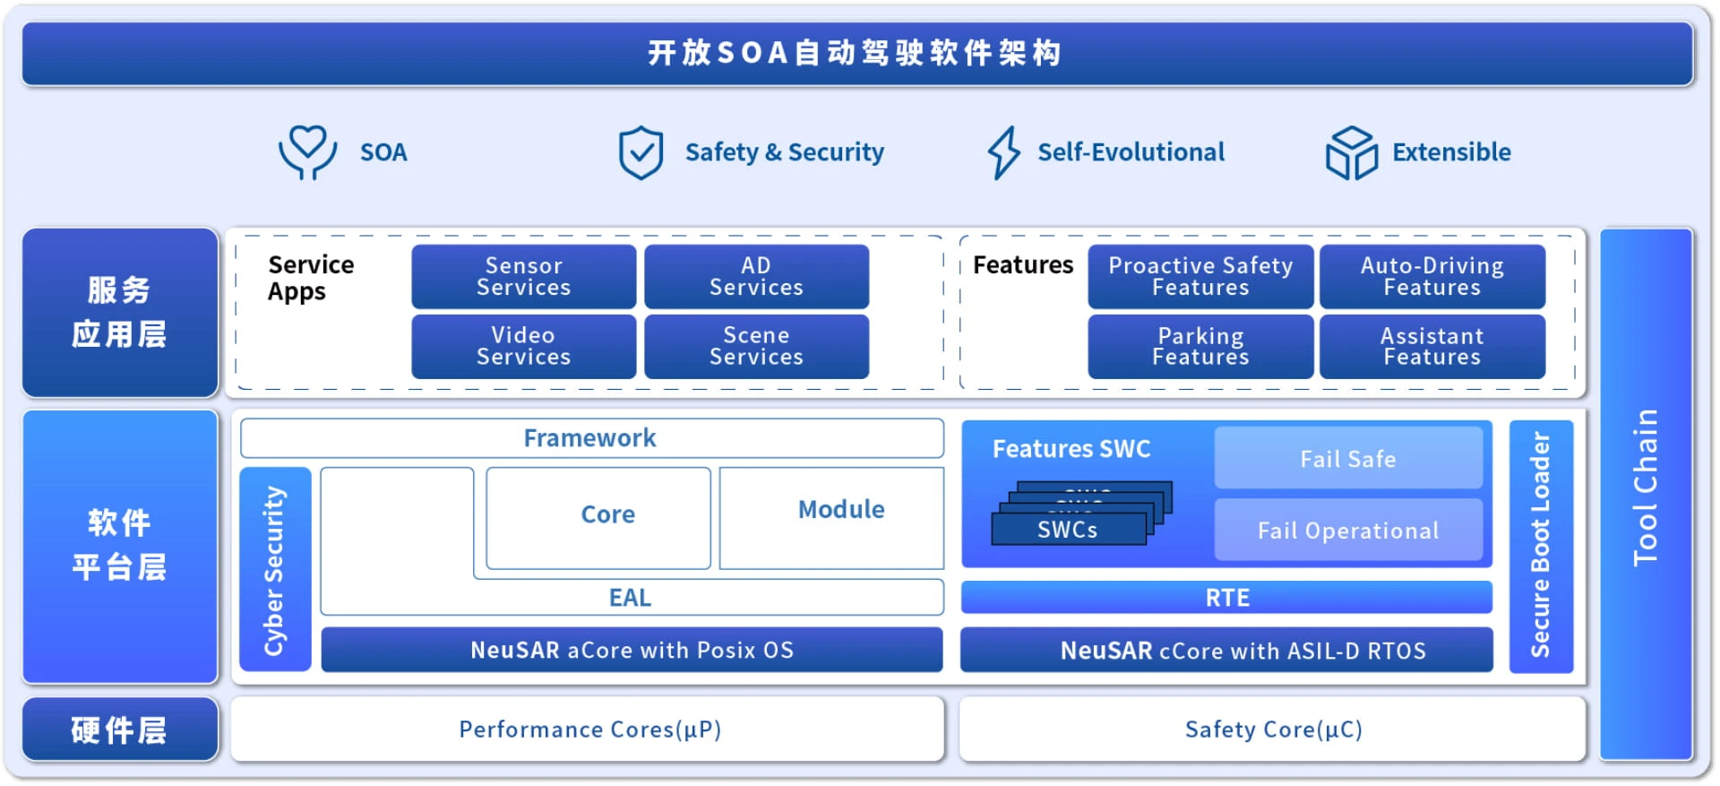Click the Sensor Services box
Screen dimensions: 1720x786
point(524,277)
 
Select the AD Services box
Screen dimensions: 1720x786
point(756,277)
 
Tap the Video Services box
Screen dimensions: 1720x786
point(524,346)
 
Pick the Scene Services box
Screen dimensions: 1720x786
point(756,346)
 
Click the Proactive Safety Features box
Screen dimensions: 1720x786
point(1200,277)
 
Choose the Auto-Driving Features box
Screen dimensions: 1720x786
point(1432,277)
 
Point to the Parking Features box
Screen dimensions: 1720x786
point(1200,346)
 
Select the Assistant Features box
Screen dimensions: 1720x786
point(1432,346)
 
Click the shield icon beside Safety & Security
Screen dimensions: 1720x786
point(641,152)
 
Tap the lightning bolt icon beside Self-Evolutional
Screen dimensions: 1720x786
point(1003,152)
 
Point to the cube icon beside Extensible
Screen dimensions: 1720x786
point(1351,152)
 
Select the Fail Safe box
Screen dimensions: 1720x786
point(1348,458)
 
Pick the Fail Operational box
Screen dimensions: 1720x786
point(1348,530)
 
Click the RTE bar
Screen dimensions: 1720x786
point(1226,597)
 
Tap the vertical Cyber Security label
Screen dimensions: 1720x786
point(273,570)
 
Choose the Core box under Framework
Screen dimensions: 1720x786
point(598,518)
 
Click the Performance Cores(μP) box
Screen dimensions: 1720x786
point(588,730)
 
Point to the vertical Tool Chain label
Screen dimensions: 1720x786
point(1646,488)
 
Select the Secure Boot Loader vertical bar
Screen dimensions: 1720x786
point(1541,546)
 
